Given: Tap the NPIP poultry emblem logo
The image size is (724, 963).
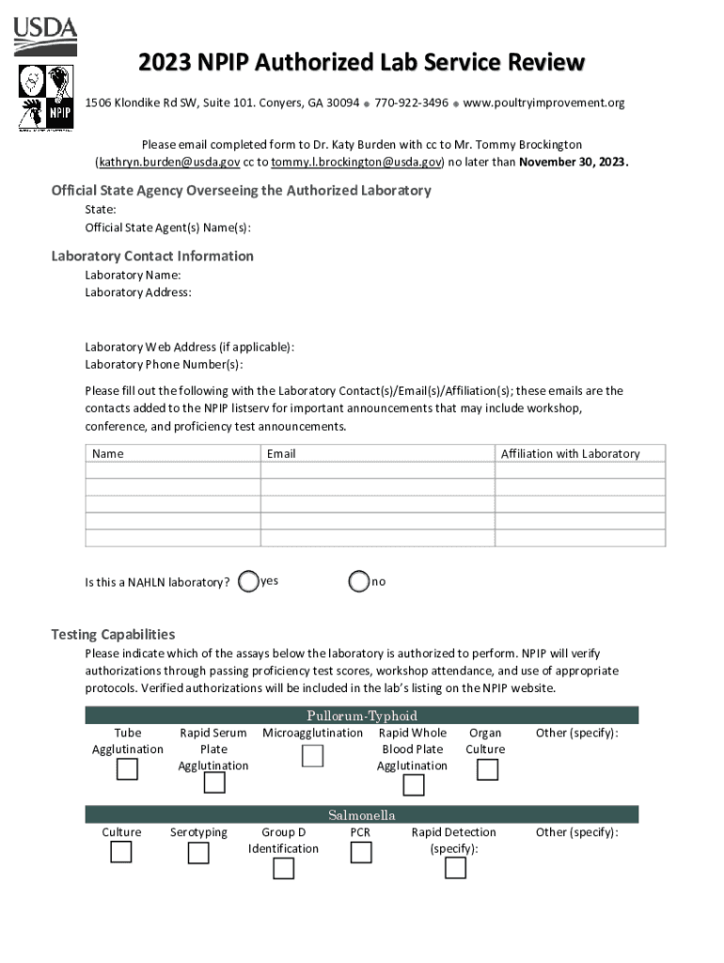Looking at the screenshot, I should click(x=46, y=97).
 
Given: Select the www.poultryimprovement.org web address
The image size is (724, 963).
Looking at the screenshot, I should click(x=543, y=103).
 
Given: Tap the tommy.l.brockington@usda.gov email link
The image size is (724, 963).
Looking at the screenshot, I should click(x=356, y=162).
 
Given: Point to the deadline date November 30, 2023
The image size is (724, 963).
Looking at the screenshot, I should click(x=573, y=162).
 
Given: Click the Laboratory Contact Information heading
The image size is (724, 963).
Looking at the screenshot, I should click(x=152, y=256).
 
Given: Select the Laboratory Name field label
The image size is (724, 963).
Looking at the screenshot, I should click(x=133, y=275).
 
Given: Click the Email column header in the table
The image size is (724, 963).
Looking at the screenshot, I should click(x=281, y=453).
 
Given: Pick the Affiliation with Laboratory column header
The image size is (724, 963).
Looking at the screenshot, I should click(x=570, y=453).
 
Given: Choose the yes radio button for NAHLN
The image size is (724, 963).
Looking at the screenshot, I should click(x=248, y=582).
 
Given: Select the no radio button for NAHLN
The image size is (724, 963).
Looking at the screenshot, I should click(x=358, y=582).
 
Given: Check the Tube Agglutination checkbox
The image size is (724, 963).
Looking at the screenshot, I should click(x=127, y=769).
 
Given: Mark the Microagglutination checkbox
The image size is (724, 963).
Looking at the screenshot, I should click(x=312, y=755).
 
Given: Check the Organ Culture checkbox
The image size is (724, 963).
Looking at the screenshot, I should click(x=486, y=769).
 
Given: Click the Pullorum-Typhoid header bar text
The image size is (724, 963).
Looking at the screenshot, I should click(x=361, y=716).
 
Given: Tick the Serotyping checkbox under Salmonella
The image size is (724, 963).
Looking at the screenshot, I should click(x=198, y=853).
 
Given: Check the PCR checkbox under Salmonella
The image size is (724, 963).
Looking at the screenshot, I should click(x=360, y=852).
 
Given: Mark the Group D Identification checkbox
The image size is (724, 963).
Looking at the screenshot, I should click(x=283, y=868).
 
